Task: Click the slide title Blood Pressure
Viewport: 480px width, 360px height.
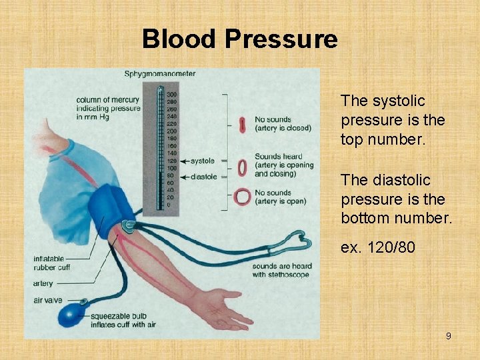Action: (240, 39)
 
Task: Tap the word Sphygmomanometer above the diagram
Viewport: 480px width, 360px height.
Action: (159, 73)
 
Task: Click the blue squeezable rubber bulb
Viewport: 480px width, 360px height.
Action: (69, 314)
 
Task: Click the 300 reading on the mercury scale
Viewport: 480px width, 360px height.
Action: (171, 94)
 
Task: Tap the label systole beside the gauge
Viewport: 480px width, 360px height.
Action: (203, 161)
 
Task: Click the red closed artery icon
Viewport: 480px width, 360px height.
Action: (242, 124)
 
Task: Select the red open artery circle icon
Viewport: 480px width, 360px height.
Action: (242, 197)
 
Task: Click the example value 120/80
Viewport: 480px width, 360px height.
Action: (378, 248)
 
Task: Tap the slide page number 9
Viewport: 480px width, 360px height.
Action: (448, 336)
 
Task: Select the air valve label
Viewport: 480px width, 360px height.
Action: (47, 300)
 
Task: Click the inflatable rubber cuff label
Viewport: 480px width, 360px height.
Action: (54, 263)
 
